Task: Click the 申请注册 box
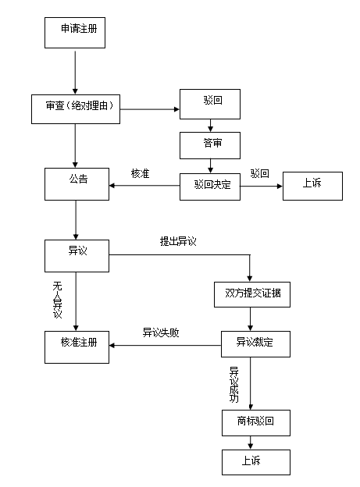click(76, 31)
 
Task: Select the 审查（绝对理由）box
click(76, 108)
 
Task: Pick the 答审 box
click(209, 144)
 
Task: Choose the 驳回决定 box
click(209, 186)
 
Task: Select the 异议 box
click(76, 254)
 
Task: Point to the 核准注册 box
click(76, 345)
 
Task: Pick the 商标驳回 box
click(255, 422)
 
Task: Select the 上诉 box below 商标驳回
click(255, 462)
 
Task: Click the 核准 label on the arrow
click(141, 172)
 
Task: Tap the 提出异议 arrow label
click(177, 241)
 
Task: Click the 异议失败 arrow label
click(161, 332)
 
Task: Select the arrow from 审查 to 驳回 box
click(150, 109)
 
